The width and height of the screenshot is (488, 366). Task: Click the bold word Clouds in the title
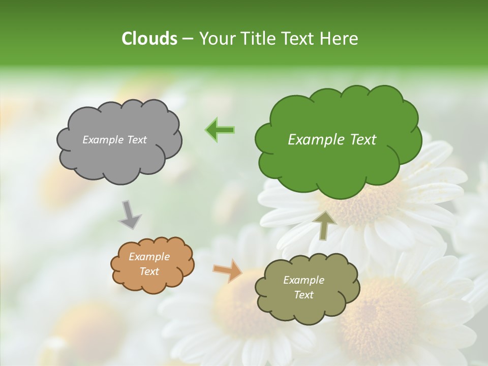149,39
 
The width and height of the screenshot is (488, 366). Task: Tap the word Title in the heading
256,39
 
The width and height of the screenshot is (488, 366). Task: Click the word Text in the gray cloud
137,140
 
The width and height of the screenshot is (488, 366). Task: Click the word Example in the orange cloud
149,257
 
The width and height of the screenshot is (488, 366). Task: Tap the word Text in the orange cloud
149,271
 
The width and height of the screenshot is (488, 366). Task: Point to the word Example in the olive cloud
303,280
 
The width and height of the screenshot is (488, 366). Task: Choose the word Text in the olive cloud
303,295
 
